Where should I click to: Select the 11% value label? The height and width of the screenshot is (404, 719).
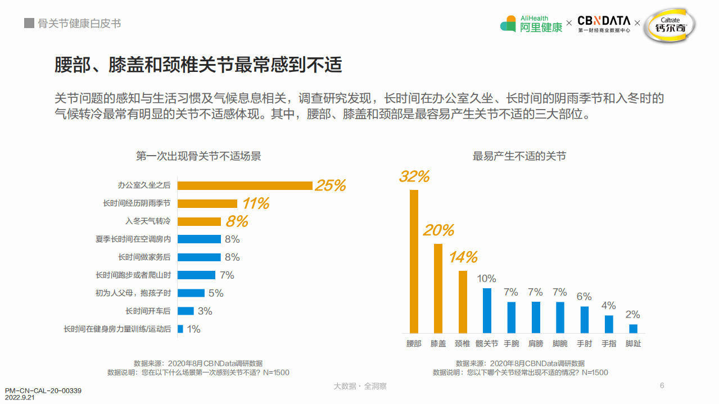click(x=256, y=203)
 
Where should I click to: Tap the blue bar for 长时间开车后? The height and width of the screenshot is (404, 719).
click(x=186, y=311)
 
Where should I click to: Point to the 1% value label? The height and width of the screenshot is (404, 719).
click(x=193, y=329)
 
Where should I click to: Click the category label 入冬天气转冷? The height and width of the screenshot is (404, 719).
click(x=148, y=221)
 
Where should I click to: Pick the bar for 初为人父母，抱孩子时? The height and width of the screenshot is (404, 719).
click(x=191, y=293)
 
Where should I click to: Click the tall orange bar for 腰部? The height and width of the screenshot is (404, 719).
click(x=414, y=261)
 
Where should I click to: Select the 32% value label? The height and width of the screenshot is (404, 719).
click(x=414, y=176)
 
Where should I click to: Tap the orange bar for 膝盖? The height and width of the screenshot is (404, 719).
click(x=438, y=288)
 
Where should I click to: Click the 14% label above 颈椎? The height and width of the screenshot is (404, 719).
click(x=463, y=257)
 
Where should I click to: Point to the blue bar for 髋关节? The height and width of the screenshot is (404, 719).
click(x=487, y=311)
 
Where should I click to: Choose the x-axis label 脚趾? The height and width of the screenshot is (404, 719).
click(x=633, y=343)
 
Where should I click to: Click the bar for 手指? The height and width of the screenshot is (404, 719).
click(x=609, y=324)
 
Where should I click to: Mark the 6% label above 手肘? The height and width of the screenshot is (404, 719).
click(x=584, y=297)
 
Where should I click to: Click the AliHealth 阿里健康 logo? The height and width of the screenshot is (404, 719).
click(x=531, y=24)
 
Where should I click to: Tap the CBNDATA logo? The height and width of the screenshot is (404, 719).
click(x=604, y=24)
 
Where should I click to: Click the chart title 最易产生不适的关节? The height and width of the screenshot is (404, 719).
click(x=519, y=156)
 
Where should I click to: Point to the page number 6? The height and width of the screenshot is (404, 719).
click(x=662, y=385)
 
